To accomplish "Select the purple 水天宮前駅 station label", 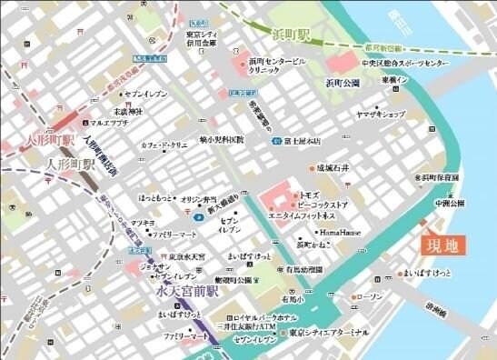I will (x=187, y=293).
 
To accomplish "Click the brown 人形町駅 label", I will (x=70, y=165).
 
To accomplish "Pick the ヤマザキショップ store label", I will (x=380, y=115).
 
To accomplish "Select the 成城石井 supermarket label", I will (x=333, y=168).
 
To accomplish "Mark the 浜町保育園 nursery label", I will (x=440, y=177).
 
